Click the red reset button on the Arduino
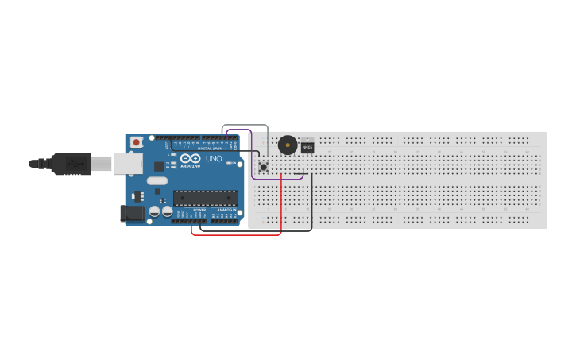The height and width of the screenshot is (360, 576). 136,142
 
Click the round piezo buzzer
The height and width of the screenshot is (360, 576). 287,145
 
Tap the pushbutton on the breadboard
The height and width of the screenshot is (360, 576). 263,167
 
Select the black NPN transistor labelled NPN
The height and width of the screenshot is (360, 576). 307,147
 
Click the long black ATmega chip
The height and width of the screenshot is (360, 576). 206,198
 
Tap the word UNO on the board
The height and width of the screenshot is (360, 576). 215,158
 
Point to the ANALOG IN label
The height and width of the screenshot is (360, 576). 225,210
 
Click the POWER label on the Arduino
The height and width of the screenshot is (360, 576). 199,210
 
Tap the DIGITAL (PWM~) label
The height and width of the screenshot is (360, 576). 211,149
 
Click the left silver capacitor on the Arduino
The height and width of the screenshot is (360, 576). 156,211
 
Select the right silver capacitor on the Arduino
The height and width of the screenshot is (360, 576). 168,211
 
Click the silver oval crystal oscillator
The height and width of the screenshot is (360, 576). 157,180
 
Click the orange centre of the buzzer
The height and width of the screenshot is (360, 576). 287,145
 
